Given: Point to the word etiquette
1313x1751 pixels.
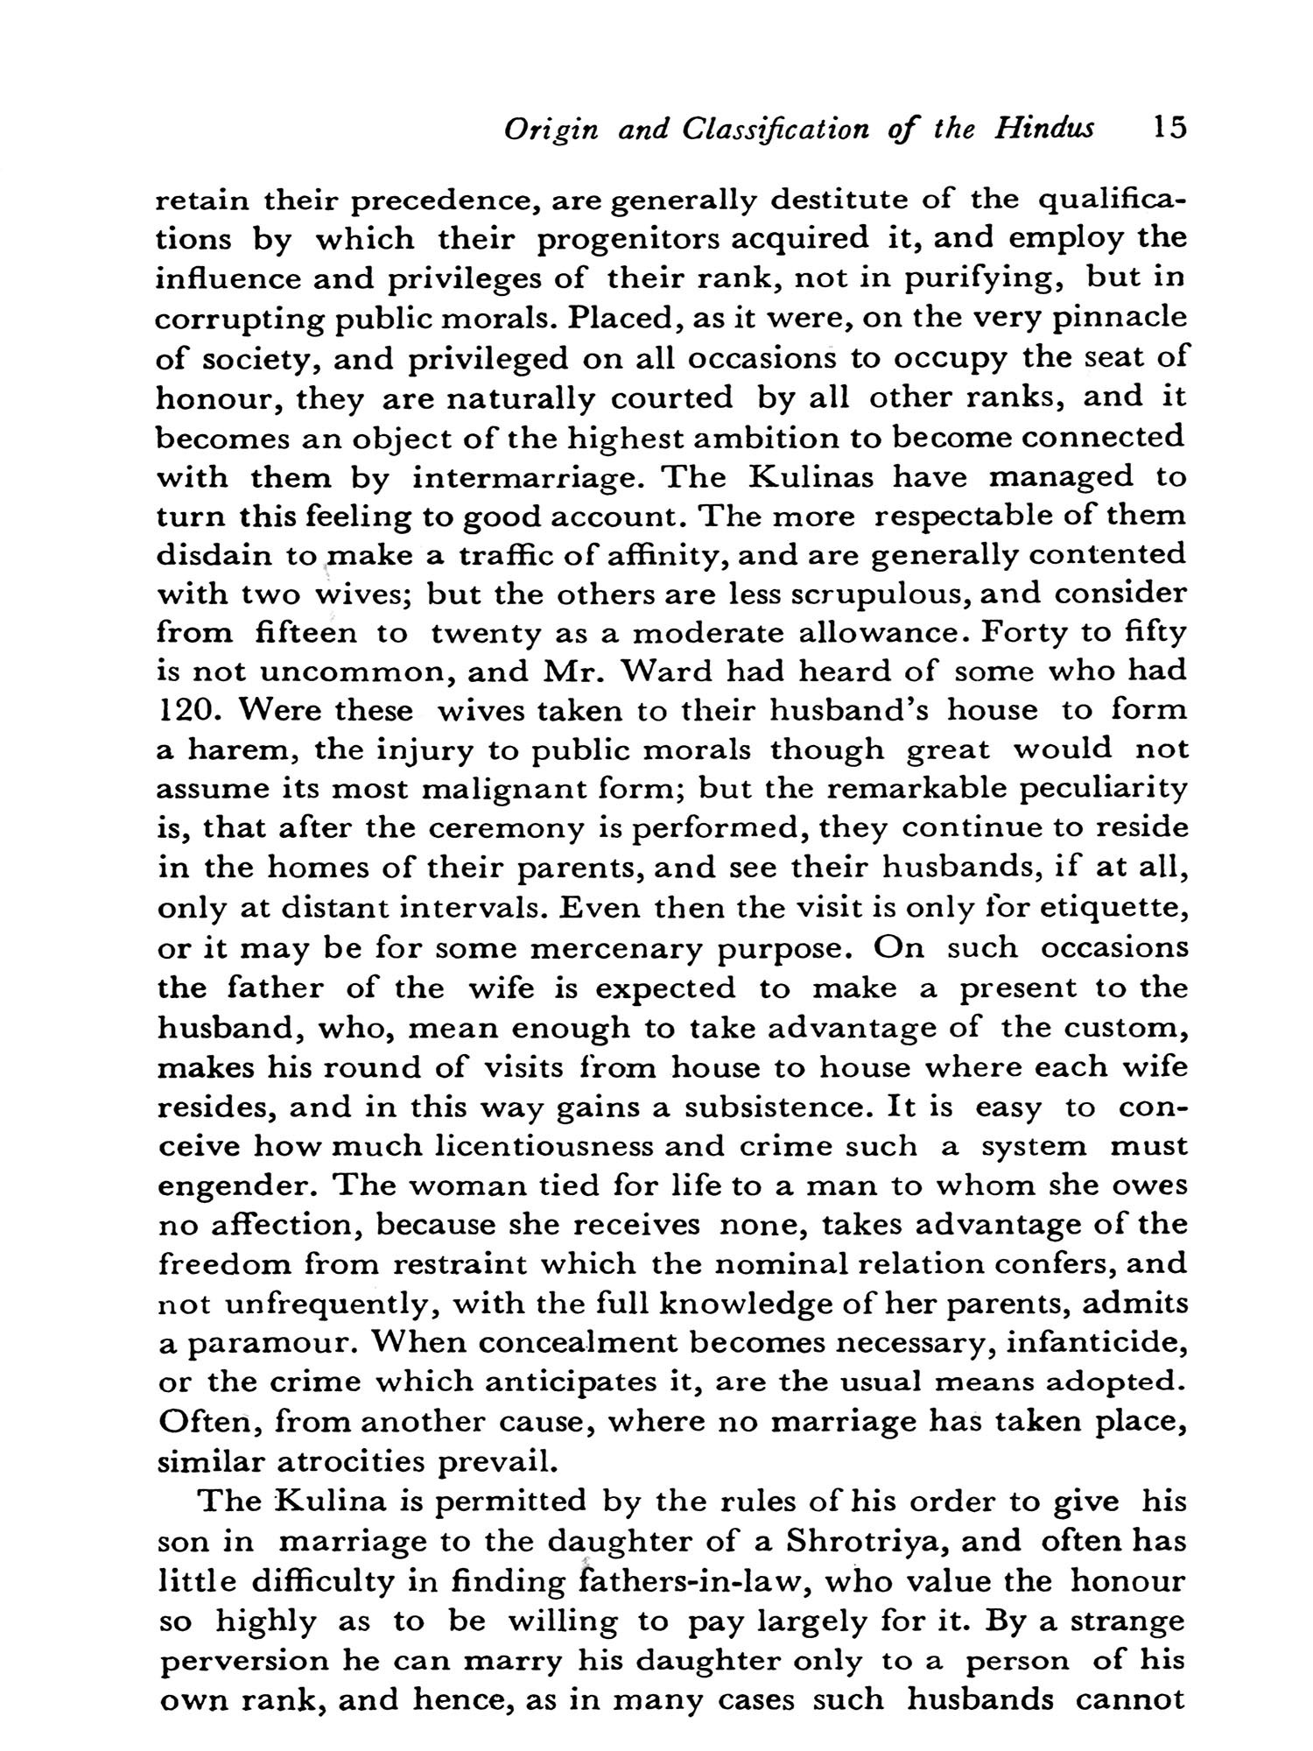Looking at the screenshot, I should (1112, 908).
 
